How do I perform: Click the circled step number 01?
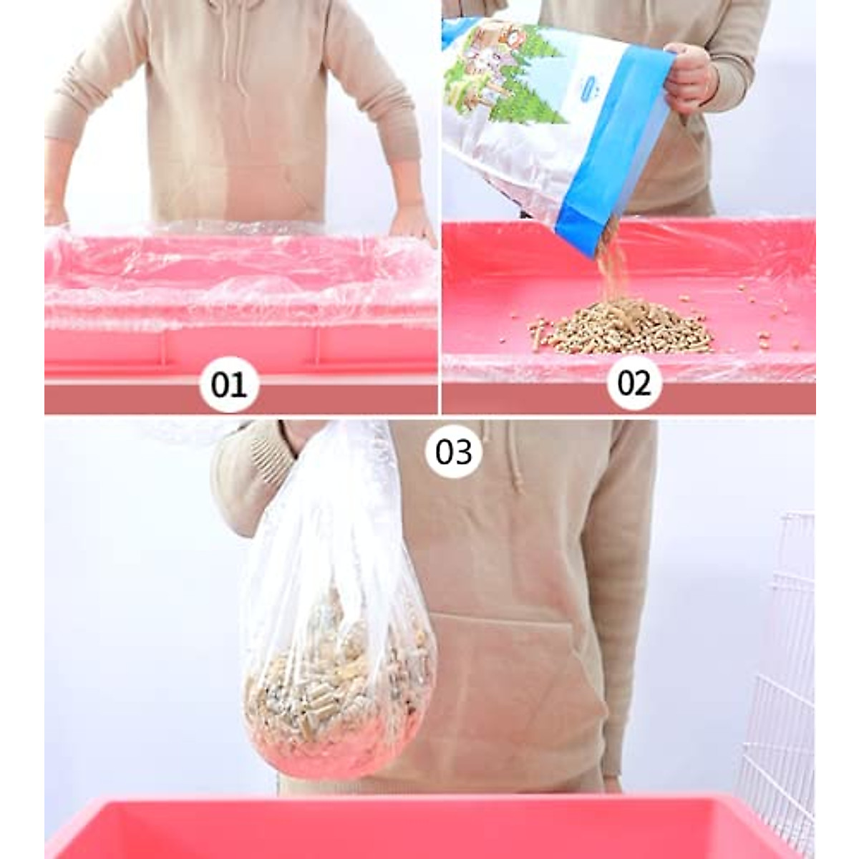tap(229, 384)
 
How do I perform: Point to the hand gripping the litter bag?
tap(690, 74)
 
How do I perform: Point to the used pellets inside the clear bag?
tap(336, 687)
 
